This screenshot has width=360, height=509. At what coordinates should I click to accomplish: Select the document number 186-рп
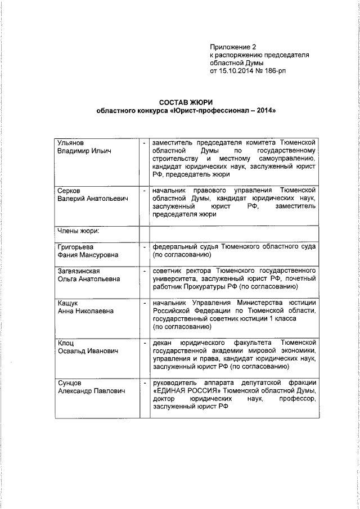(x=277, y=72)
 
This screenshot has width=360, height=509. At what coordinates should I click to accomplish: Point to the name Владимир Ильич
(x=85, y=151)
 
